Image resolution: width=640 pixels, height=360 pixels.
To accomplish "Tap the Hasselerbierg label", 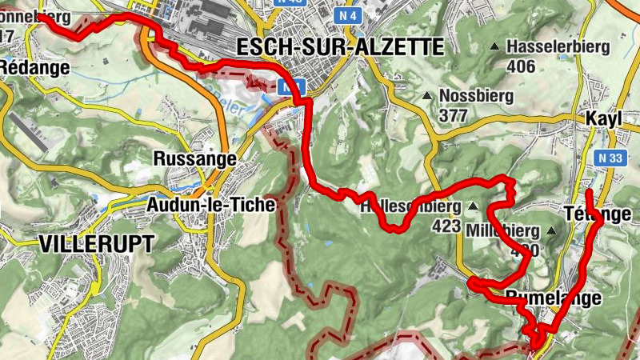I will pos(558,46).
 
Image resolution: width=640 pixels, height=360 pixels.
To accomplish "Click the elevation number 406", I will pos(521,66).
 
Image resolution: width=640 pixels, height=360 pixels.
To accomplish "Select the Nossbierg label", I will pos(472,96).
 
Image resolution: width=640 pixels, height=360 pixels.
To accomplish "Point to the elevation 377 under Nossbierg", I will pos(454,115).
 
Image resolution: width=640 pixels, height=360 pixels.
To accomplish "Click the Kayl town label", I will pos(603,118).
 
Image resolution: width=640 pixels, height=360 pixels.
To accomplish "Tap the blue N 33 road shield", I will pos(612,158).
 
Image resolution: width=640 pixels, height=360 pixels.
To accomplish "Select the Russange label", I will pos(194,159).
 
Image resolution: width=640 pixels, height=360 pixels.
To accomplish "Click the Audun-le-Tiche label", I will pos(211,205).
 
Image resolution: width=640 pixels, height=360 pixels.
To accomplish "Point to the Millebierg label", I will pos(502,230).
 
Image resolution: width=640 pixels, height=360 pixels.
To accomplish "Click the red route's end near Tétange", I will pos(588,193).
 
